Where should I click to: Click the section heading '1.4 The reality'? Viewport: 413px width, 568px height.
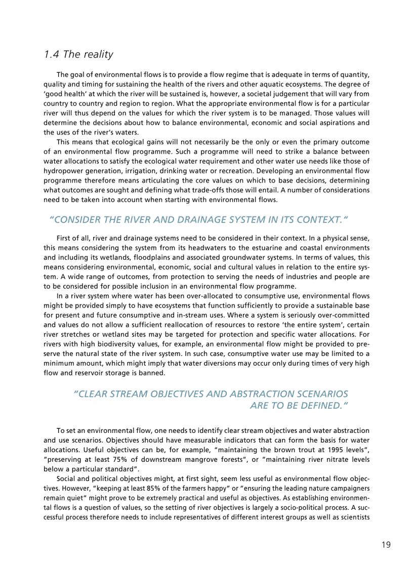(78, 54)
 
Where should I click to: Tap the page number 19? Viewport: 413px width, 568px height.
(386, 545)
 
